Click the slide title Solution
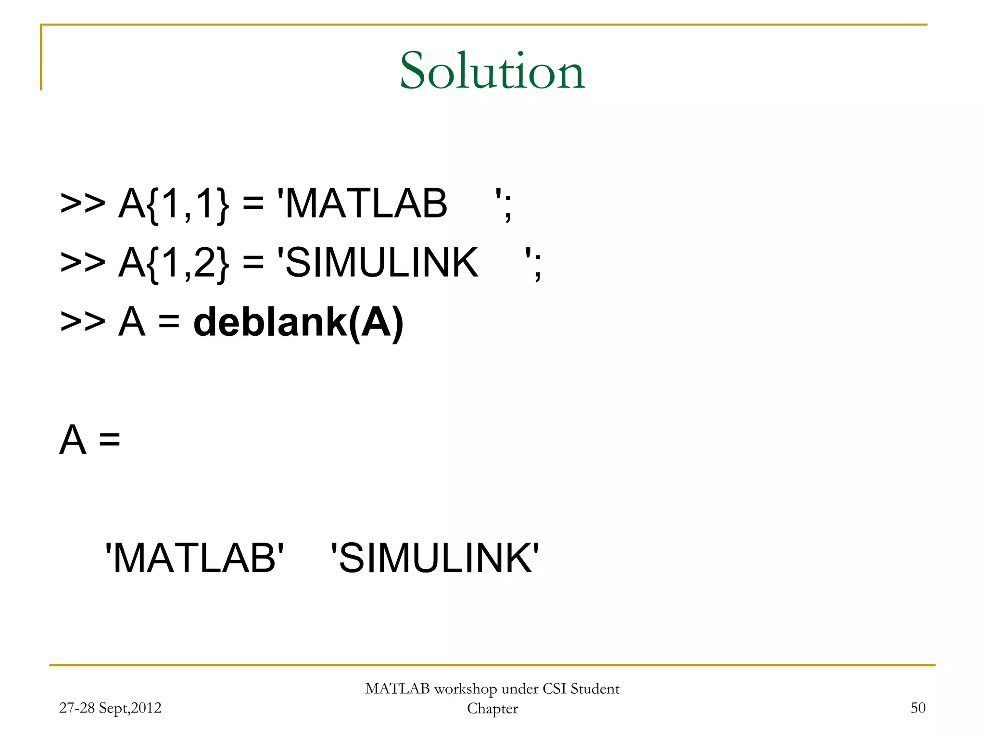(492, 71)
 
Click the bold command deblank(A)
(298, 322)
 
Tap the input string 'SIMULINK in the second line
(378, 263)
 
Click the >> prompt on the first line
(82, 204)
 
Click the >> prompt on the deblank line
(82, 322)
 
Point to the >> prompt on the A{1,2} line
(82, 263)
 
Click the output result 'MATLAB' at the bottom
(194, 558)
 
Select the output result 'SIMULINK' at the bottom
(435, 558)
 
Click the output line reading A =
(90, 440)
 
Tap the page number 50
(918, 708)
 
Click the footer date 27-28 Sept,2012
(110, 708)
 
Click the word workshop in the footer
(465, 689)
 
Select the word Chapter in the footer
(492, 709)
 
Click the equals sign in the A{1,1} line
(253, 204)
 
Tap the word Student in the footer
(595, 689)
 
